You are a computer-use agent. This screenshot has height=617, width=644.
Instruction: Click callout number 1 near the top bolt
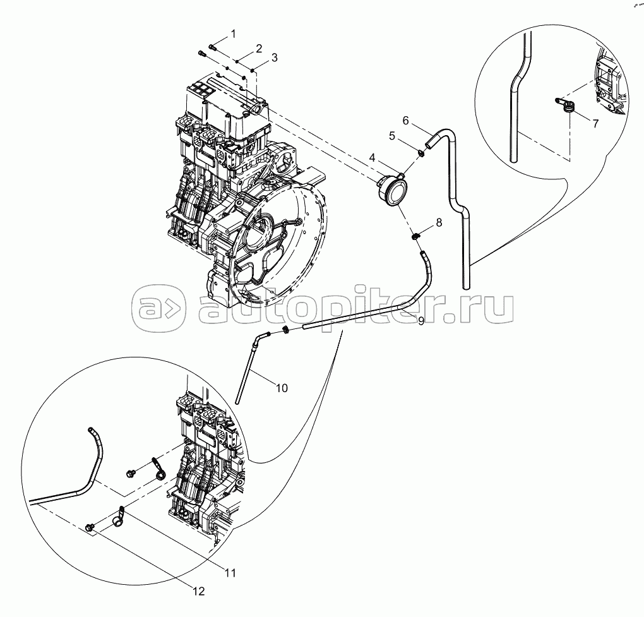click(233, 33)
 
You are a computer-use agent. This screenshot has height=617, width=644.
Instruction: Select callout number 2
click(258, 49)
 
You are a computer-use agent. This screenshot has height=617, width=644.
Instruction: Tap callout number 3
click(274, 57)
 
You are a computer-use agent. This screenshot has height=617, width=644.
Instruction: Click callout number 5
click(392, 135)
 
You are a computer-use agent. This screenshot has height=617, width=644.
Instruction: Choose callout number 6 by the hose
click(406, 120)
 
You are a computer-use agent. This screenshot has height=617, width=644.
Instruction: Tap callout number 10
click(282, 387)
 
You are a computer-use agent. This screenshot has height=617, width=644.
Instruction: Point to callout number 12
click(199, 592)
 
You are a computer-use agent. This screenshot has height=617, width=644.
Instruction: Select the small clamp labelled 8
click(417, 237)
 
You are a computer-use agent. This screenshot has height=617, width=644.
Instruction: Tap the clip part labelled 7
click(566, 106)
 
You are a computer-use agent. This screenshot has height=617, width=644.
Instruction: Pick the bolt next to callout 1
click(212, 46)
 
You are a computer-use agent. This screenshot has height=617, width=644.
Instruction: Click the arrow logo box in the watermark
click(158, 308)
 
